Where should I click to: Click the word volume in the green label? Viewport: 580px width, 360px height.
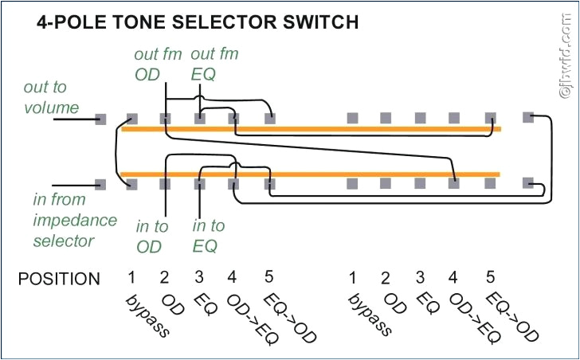point(51,107)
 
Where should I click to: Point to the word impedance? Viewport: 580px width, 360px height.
point(74,220)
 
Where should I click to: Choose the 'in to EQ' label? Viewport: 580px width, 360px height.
point(209,237)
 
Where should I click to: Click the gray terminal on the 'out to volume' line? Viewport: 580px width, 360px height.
point(100,119)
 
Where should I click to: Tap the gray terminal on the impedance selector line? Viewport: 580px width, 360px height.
point(100,184)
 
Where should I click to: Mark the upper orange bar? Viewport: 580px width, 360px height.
point(311,128)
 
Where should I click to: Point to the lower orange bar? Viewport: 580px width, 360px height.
point(311,174)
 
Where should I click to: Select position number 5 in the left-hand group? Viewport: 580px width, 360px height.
point(268,277)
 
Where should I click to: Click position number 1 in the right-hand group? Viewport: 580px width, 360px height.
point(351,277)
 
